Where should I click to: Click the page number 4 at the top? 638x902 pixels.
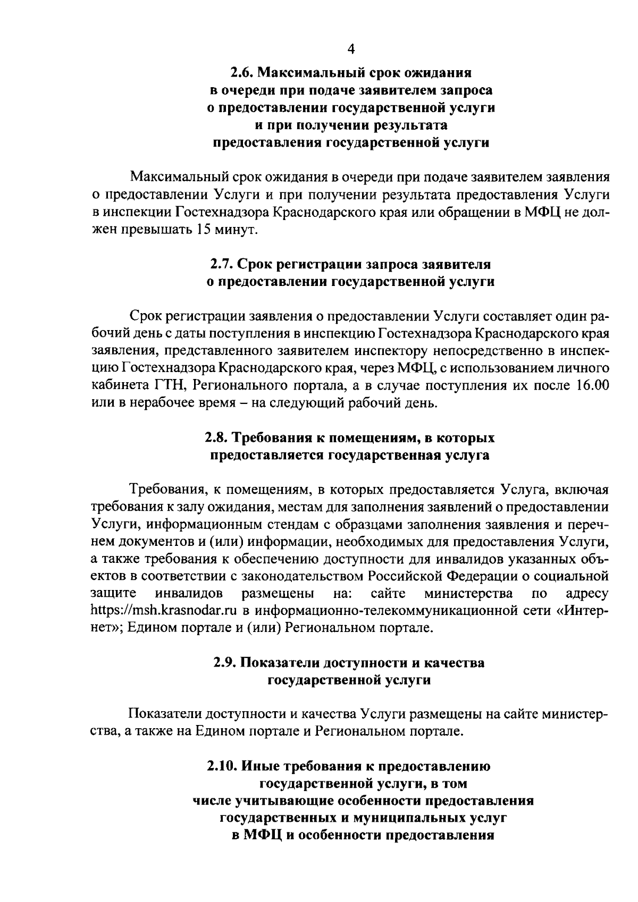pos(350,49)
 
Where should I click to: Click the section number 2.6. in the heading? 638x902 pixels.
pos(242,71)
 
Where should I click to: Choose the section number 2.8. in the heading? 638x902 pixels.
pos(217,438)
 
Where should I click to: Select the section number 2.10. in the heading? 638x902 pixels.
pos(222,766)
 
